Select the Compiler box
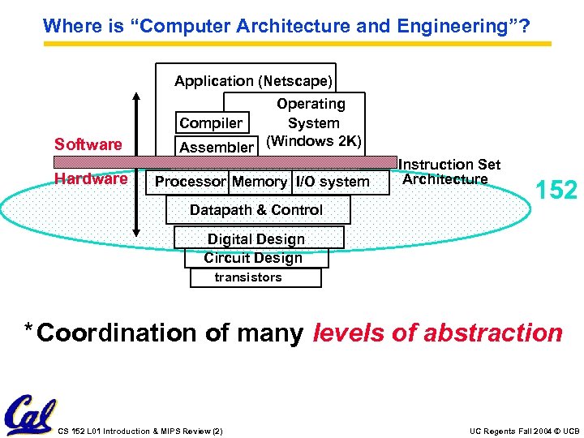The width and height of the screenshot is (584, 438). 211,123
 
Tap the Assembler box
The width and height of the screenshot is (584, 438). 217,147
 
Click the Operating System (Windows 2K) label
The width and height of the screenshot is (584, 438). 313,122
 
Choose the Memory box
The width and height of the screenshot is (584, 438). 260,182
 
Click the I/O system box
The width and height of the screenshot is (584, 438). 332,182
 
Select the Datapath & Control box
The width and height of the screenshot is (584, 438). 257,210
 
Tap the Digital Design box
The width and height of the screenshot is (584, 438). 256,239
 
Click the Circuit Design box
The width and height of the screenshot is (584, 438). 254,258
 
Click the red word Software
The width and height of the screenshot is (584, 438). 88,144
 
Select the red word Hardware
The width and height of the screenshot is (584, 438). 90,178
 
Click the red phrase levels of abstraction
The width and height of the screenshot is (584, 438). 437,333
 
